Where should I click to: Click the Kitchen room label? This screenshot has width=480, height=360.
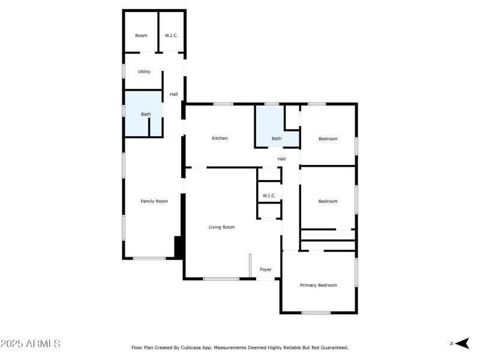click(220, 139)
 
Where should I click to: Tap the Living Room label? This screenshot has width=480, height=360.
click(221, 227)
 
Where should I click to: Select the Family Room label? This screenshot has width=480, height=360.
click(154, 202)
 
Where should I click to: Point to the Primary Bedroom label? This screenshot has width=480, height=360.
click(319, 286)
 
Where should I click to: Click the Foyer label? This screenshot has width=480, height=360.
click(265, 270)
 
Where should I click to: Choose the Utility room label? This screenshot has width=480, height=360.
click(144, 72)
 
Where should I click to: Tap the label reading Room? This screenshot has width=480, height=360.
click(141, 36)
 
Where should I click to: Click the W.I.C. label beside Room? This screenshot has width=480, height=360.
click(172, 36)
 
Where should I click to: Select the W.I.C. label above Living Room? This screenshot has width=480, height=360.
click(269, 196)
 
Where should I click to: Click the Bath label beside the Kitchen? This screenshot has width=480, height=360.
click(276, 139)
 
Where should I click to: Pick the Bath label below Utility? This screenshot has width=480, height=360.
click(146, 115)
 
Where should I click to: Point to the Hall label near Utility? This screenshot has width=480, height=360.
click(173, 94)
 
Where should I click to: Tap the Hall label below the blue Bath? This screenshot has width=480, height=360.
click(281, 159)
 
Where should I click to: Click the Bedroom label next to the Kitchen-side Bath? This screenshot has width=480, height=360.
click(328, 139)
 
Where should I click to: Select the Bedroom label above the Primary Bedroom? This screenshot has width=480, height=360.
click(328, 202)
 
